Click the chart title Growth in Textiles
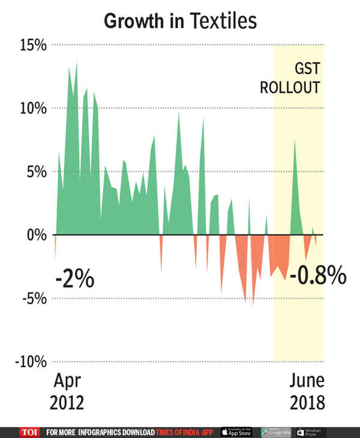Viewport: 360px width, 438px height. (180, 21)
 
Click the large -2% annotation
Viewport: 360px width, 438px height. (74, 280)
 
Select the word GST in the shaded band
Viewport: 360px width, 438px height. (307, 68)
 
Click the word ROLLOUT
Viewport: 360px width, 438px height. (289, 88)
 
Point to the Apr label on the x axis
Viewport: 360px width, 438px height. (68, 381)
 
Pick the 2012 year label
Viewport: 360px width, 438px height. (68, 401)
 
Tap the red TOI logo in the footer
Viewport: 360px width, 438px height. (28, 432)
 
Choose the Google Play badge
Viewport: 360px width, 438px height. (276, 432)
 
